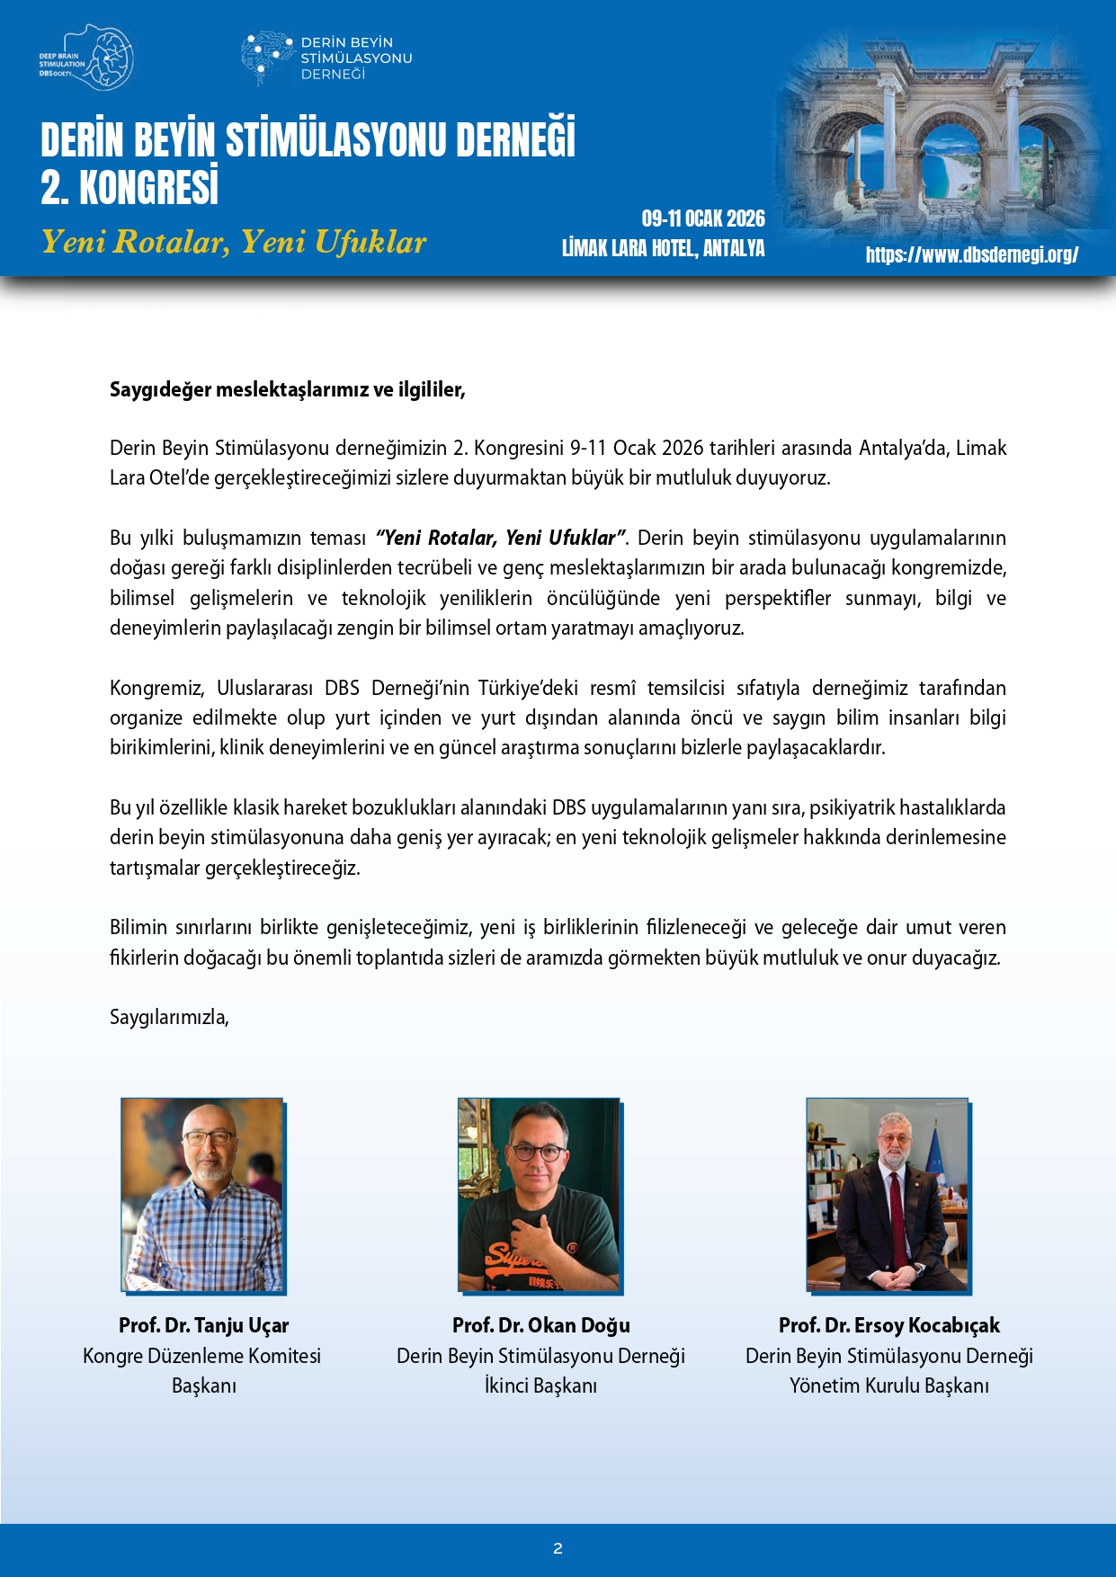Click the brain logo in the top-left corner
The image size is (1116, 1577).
point(88,58)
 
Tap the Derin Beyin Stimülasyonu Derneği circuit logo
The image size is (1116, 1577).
point(267,58)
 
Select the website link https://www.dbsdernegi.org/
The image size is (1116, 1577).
point(971,254)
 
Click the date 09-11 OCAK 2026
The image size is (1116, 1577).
point(702,218)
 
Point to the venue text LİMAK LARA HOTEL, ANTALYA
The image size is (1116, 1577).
point(663,248)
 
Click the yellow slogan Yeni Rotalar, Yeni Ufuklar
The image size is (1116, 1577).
point(234,242)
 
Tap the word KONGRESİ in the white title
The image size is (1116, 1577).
point(148,188)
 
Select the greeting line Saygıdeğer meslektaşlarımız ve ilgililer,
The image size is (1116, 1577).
point(287,389)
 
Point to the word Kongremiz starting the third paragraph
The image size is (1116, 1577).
point(156,688)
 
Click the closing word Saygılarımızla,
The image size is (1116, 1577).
point(169,1017)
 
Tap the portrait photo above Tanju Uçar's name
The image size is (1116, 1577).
point(202,1195)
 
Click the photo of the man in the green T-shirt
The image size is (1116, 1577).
point(539,1195)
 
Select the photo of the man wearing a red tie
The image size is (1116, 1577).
point(888,1195)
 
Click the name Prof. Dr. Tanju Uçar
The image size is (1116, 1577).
point(203,1324)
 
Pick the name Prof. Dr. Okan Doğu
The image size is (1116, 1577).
point(540,1324)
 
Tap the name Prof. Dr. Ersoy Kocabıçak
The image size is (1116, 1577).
point(888,1324)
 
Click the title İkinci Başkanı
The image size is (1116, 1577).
point(540,1385)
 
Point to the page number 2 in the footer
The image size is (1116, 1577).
point(558,1548)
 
